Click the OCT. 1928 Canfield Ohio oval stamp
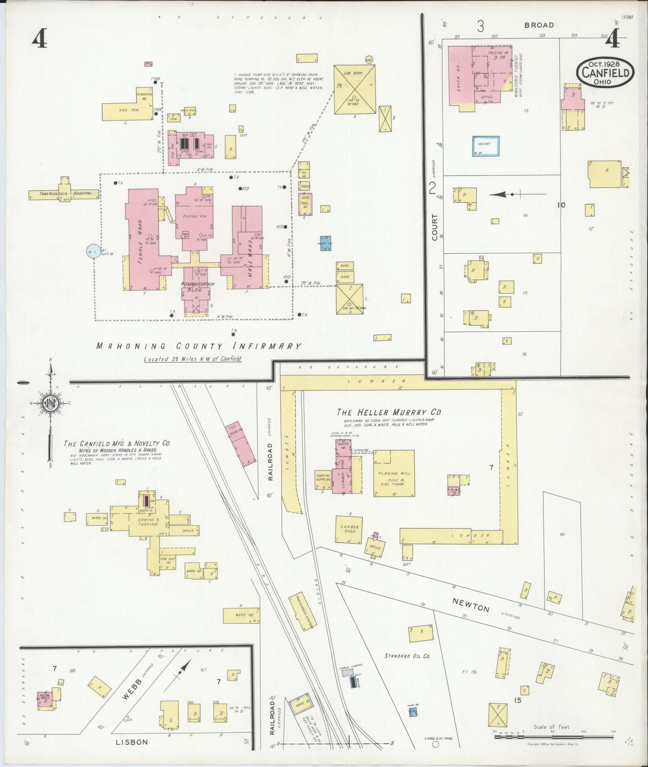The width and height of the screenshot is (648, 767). pyautogui.click(x=605, y=72)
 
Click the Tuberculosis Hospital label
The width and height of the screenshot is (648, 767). pyautogui.click(x=63, y=194)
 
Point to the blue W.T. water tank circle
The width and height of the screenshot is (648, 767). pyautogui.click(x=93, y=251)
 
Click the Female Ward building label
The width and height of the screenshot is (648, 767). pyautogui.click(x=140, y=241)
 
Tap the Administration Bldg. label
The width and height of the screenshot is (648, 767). pyautogui.click(x=197, y=287)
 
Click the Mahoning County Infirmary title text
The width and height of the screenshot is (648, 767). pyautogui.click(x=199, y=346)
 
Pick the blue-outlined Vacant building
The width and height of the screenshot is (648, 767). pyautogui.click(x=485, y=146)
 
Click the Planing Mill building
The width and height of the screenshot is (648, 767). pyautogui.click(x=394, y=474)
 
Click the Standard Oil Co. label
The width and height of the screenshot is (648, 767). pyautogui.click(x=407, y=656)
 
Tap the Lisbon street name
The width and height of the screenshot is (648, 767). pyautogui.click(x=132, y=742)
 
